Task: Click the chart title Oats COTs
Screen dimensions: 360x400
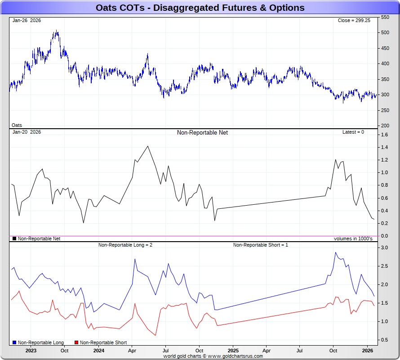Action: click(x=200, y=8)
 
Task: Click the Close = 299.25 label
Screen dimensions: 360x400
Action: click(x=354, y=20)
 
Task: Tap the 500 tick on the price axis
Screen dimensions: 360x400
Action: click(x=385, y=32)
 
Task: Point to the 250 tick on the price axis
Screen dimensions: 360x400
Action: click(x=385, y=110)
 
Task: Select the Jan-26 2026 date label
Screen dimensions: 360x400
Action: click(x=27, y=20)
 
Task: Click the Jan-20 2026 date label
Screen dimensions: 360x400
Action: click(x=27, y=132)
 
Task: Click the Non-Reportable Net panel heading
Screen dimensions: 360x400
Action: click(x=202, y=133)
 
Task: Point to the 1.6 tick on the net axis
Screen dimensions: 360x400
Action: click(x=384, y=135)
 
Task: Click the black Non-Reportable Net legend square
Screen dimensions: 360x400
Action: click(x=14, y=238)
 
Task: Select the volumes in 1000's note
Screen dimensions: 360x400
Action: click(x=353, y=238)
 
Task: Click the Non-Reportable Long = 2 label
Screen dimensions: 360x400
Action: click(x=125, y=245)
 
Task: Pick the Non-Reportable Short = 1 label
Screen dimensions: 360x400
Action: click(x=261, y=245)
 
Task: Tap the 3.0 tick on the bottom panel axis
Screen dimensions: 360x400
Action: click(x=384, y=247)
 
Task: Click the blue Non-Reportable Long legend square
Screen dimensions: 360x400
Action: click(x=14, y=343)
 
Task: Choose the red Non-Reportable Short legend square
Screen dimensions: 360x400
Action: click(x=76, y=343)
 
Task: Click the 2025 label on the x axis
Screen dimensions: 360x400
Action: click(x=233, y=350)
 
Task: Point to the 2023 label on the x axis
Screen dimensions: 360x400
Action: click(x=31, y=350)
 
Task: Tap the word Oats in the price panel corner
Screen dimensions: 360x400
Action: click(x=17, y=125)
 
